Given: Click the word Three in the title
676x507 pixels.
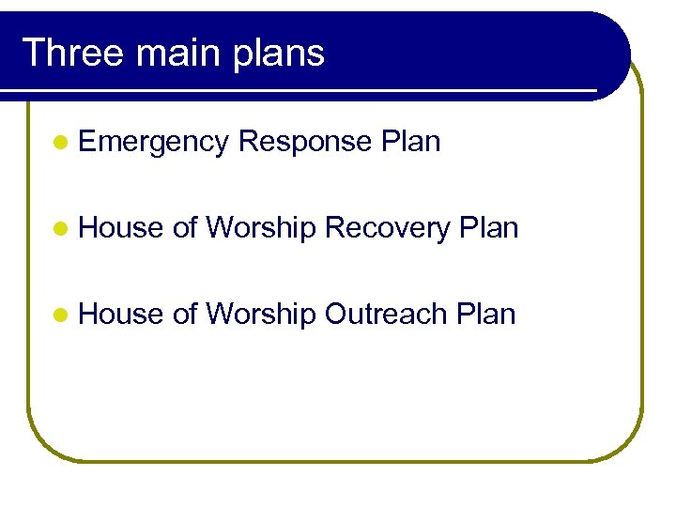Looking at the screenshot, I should click(x=72, y=53).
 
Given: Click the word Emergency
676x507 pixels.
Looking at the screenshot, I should click(x=154, y=143).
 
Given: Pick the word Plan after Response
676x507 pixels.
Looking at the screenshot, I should click(x=411, y=142).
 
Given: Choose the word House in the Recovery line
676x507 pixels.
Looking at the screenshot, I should click(x=122, y=227).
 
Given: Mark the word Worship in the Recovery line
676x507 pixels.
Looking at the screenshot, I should click(x=261, y=228).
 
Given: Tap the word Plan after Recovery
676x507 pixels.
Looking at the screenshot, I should click(x=488, y=227).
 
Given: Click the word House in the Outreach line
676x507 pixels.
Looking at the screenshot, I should click(x=122, y=314).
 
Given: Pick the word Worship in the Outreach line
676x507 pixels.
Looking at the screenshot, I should click(x=261, y=315).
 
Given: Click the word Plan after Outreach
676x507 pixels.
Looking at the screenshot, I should click(x=486, y=314).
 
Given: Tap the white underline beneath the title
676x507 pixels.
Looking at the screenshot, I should click(x=300, y=91).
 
